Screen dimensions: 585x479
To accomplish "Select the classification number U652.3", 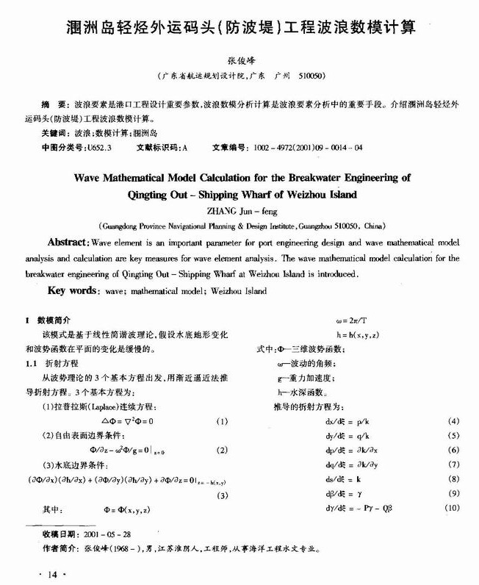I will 100,147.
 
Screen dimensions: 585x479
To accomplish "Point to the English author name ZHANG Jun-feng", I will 239,210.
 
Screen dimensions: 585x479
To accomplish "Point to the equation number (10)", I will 452,508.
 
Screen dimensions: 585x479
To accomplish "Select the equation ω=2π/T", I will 352,321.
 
